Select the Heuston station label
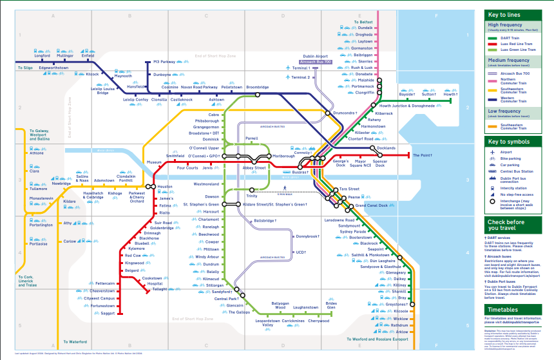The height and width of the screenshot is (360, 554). click(165, 187)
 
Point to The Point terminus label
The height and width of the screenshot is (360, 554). click(423, 155)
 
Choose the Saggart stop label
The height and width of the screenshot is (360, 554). click(108, 314)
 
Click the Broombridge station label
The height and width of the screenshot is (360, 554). click(257, 87)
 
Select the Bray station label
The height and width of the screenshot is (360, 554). click(402, 298)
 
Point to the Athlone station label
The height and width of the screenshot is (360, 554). click(37, 153)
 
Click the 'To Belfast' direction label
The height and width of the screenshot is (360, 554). click(363, 22)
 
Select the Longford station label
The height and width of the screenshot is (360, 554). click(42, 56)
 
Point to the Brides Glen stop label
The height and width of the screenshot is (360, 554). click(331, 305)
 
